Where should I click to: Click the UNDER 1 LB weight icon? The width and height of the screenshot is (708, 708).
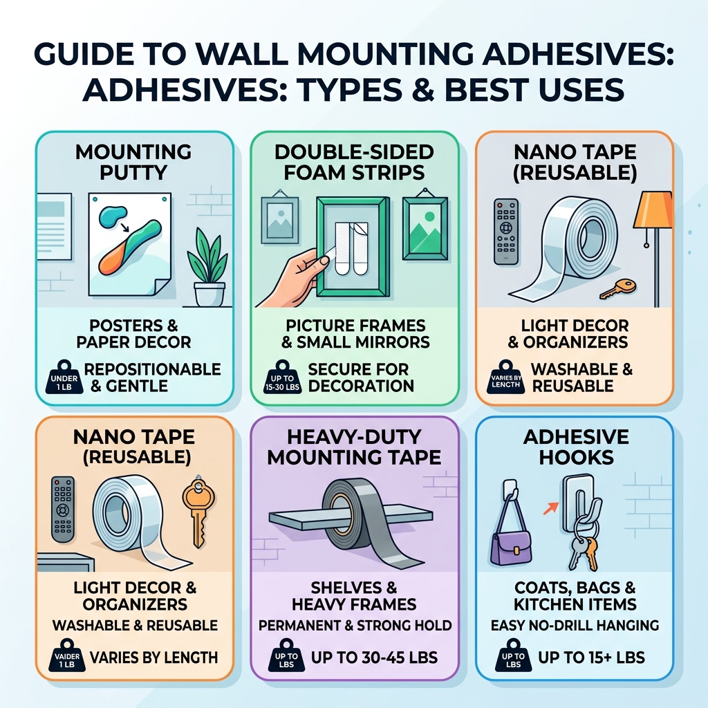pyautogui.click(x=64, y=377)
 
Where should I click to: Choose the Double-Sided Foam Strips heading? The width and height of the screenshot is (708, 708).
pyautogui.click(x=354, y=162)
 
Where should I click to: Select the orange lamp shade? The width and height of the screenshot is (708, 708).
pyautogui.click(x=653, y=209)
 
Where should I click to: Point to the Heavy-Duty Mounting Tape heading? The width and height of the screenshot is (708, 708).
pyautogui.click(x=354, y=447)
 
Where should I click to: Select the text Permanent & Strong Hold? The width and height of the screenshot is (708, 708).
pyautogui.click(x=354, y=626)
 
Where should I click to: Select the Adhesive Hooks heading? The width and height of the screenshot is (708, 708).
pyautogui.click(x=575, y=447)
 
